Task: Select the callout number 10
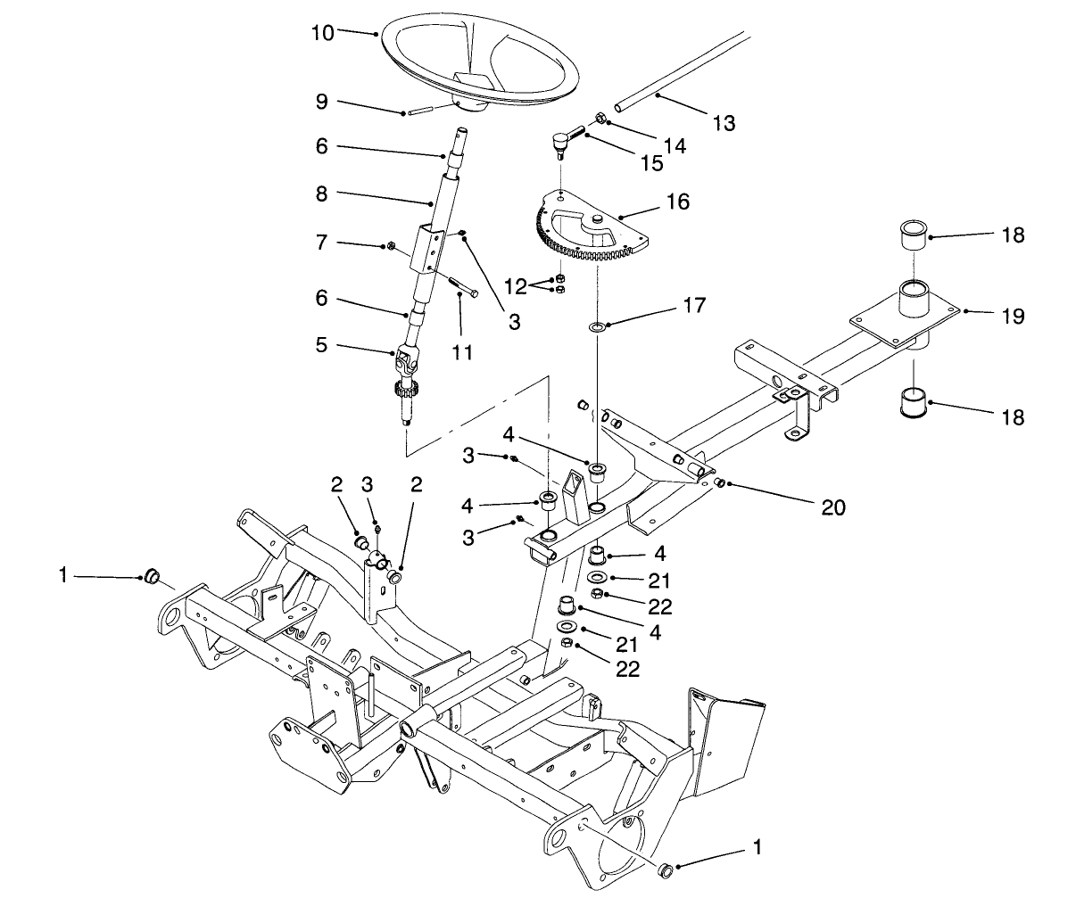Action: coord(323,33)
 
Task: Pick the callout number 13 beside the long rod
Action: coord(724,123)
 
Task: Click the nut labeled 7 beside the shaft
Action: coord(392,244)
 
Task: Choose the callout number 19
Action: coord(988,317)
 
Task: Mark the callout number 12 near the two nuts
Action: coord(515,287)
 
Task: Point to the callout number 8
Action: coord(321,192)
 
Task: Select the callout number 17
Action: coord(693,306)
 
